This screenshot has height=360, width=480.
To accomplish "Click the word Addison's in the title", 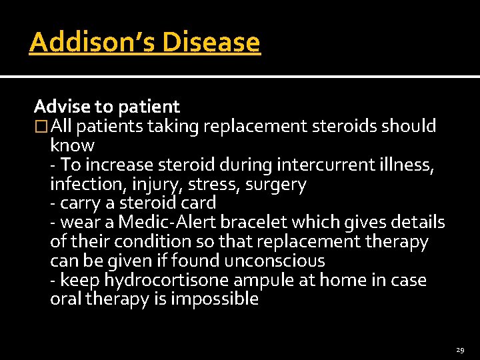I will coord(92,42).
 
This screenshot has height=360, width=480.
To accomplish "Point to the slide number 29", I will coord(460,349).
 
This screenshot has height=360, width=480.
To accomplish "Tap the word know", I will coord(73,145).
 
